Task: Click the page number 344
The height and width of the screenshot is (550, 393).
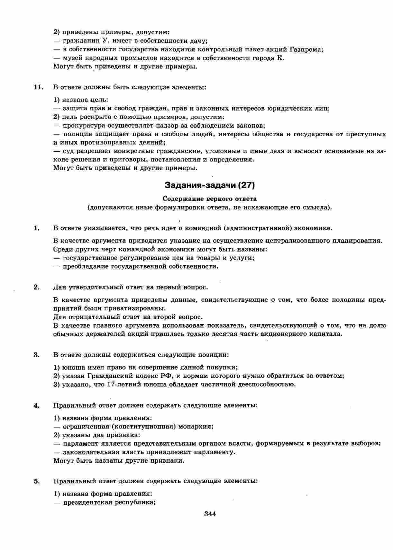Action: click(210, 514)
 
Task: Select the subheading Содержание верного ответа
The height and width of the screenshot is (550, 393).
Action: click(210, 199)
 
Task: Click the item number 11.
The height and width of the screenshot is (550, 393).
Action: click(38, 87)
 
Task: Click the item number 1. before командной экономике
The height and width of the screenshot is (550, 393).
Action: click(36, 228)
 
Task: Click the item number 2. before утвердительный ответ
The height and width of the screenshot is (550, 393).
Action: click(36, 287)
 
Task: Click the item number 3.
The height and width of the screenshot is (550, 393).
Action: click(36, 355)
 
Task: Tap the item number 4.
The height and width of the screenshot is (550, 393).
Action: click(36, 405)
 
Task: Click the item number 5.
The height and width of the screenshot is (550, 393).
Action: click(36, 481)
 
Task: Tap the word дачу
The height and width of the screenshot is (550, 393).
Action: click(199, 41)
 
